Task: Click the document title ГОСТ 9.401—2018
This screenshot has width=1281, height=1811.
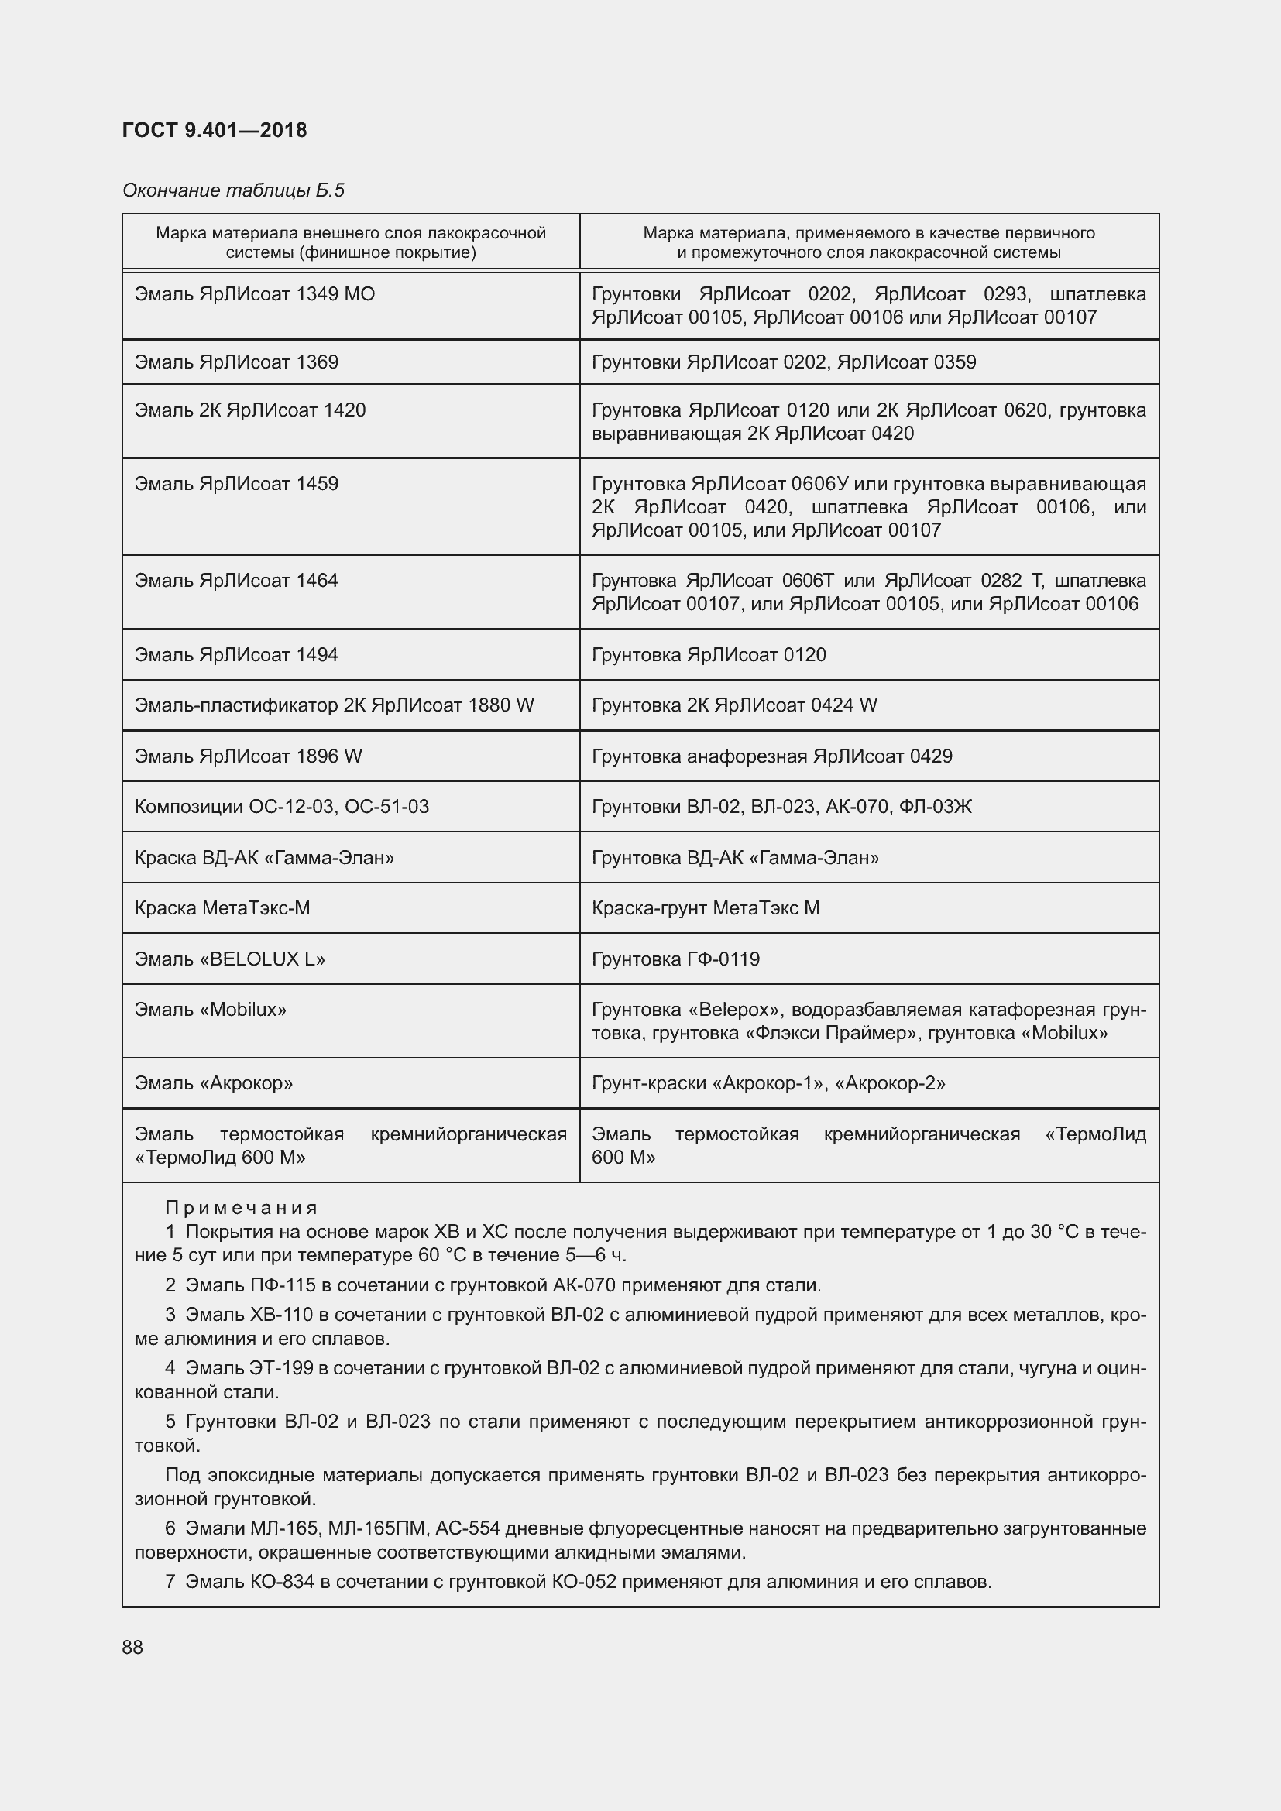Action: [x=215, y=130]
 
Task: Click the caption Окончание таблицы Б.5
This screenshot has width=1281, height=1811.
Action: [x=233, y=190]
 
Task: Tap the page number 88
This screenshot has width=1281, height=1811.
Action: [x=132, y=1647]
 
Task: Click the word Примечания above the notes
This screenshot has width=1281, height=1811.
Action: [x=241, y=1208]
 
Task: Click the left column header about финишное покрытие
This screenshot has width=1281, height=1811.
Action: [x=350, y=242]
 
